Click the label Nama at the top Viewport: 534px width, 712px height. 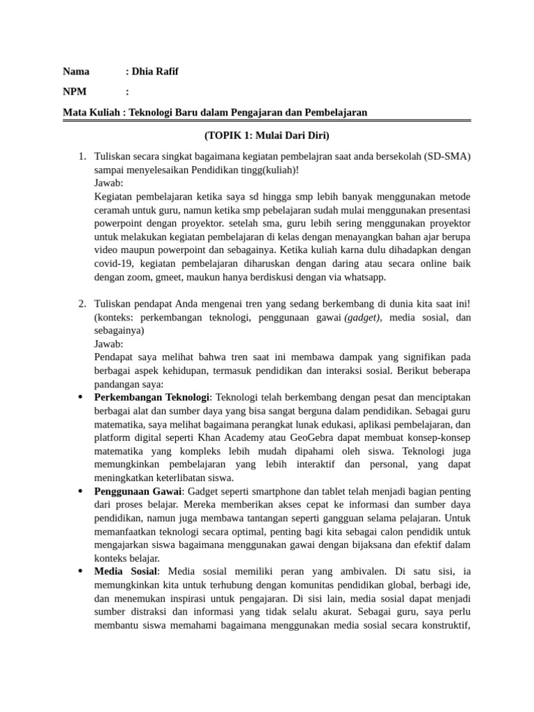coord(76,71)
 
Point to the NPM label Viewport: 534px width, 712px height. coord(74,91)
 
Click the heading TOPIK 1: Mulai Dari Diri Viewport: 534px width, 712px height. coord(267,134)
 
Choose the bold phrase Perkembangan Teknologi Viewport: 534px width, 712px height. coord(152,397)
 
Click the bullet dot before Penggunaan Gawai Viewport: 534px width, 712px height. coord(81,491)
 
